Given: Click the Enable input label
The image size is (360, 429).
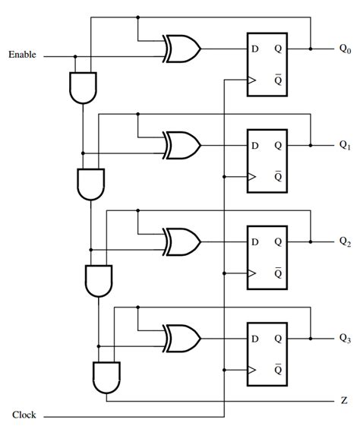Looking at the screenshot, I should pos(24,55).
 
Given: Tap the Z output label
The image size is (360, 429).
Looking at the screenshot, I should pos(344,400).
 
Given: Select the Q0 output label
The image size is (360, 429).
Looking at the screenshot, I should pos(345,49).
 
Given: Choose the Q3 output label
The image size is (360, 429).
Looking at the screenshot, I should pos(345,338).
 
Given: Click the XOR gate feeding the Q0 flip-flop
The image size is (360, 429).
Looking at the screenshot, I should pos(182,49).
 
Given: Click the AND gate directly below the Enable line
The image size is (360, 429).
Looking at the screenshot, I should pos(81,87).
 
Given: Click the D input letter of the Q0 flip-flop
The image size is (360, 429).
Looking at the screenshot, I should pos(255,49).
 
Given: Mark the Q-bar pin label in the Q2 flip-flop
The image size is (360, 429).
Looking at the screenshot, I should pos(278,273).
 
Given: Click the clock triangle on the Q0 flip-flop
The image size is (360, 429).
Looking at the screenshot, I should pos(249,80).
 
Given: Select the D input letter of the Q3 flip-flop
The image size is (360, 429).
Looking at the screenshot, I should pos(255,338).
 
